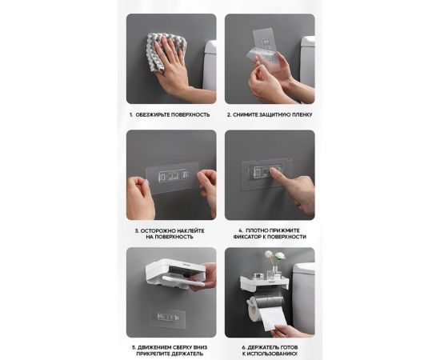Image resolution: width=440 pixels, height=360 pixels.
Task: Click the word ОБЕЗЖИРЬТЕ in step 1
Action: pos(153,114)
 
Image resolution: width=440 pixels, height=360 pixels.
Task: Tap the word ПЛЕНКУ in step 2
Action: pos(302,114)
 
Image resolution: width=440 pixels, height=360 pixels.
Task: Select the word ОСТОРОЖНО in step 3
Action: pos(154,231)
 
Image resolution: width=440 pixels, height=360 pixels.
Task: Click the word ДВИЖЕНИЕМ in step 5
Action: pos(153,348)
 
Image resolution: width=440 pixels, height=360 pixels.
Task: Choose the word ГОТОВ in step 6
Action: pos(289,348)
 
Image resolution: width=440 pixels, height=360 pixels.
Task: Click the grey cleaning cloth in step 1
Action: pos(165,52)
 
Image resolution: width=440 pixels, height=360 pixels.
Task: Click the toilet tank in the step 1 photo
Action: pos(210,65)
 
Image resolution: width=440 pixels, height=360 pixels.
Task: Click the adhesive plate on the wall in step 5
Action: pos(168,318)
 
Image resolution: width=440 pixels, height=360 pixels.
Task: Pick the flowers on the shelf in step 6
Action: pos(274,257)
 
